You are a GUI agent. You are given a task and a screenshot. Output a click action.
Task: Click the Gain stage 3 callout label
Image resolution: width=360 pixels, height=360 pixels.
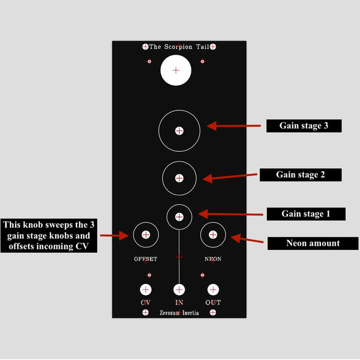pyautogui.click(x=304, y=126)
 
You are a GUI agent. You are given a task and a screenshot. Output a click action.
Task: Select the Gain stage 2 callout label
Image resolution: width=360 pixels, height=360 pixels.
pyautogui.click(x=300, y=175)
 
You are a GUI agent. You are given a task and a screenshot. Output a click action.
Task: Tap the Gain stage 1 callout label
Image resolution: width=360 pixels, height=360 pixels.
pyautogui.click(x=306, y=214)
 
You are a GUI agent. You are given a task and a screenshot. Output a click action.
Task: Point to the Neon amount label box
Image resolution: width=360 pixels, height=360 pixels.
pyautogui.click(x=313, y=243)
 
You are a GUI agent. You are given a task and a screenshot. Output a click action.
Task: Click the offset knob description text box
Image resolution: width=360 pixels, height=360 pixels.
pyautogui.click(x=49, y=236)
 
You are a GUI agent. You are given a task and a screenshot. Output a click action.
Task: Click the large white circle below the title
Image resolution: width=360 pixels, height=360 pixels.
pyautogui.click(x=176, y=70)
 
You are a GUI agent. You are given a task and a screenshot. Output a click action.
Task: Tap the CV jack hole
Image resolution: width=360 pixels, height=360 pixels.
pyautogui.click(x=146, y=290)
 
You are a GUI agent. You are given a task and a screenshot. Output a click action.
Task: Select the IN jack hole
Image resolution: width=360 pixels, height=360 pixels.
pyautogui.click(x=179, y=290)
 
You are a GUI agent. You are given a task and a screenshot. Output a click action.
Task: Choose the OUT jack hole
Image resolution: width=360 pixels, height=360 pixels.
pyautogui.click(x=213, y=290)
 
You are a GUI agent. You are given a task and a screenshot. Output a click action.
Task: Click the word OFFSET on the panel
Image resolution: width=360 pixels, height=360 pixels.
pyautogui.click(x=146, y=259)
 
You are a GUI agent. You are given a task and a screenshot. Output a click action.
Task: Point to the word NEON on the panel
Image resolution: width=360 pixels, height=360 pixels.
pyautogui.click(x=213, y=259)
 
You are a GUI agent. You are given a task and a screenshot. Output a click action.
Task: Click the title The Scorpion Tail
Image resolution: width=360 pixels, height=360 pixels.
pyautogui.click(x=179, y=47)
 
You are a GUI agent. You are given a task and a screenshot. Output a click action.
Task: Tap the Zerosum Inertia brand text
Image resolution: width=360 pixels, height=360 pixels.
pyautogui.click(x=179, y=313)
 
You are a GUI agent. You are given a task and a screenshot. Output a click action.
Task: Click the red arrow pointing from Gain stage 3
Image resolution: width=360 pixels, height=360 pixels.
pyautogui.click(x=234, y=126)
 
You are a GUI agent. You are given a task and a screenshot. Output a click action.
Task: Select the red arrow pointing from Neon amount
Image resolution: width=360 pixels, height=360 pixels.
pyautogui.click(x=247, y=239)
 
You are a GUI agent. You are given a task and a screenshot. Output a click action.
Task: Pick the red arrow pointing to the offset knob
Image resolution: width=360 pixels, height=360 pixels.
pyautogui.click(x=114, y=236)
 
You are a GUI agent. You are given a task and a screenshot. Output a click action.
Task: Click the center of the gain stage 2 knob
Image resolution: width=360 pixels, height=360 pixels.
pyautogui.click(x=179, y=178)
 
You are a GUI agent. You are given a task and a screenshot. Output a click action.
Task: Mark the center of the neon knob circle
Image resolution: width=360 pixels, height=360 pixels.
pyautogui.click(x=213, y=234)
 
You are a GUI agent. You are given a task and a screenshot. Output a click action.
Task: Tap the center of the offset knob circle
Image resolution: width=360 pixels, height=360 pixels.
pyautogui.click(x=146, y=234)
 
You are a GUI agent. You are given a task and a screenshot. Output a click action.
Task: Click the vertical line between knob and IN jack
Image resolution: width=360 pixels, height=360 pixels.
pyautogui.click(x=179, y=257)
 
